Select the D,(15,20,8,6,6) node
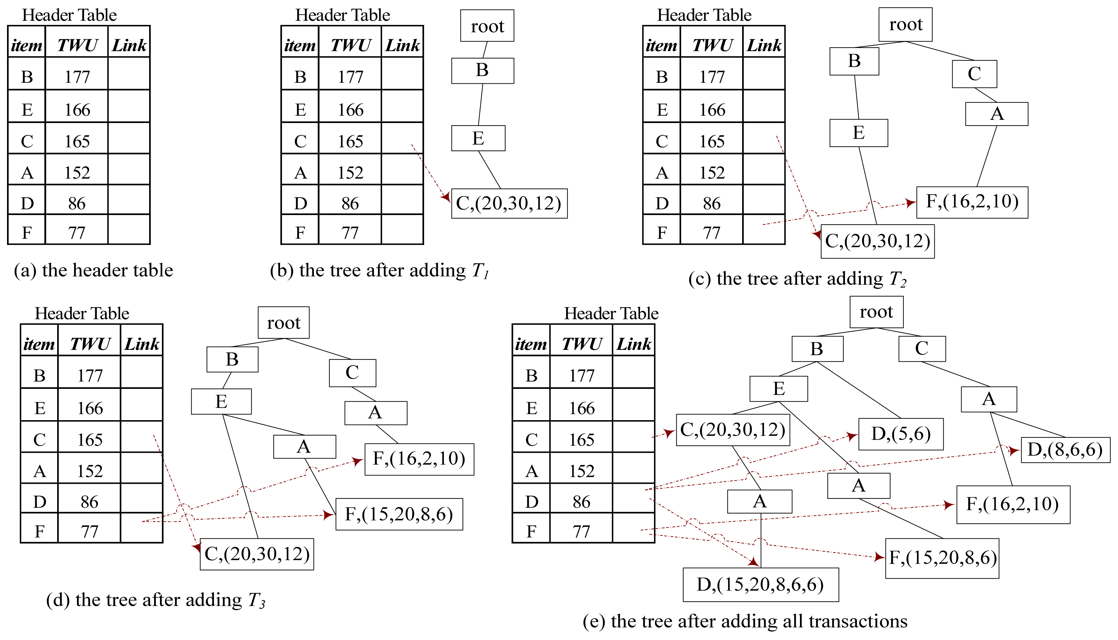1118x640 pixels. [x=760, y=585]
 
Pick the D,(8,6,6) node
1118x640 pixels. [x=1065, y=450]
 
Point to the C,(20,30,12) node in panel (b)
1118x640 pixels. [x=509, y=204]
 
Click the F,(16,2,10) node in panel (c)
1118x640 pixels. [x=972, y=202]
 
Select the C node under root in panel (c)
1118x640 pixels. [x=974, y=74]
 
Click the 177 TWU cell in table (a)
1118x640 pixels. [x=77, y=77]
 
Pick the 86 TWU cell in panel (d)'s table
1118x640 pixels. [x=89, y=502]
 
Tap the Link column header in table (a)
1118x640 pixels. [x=129, y=45]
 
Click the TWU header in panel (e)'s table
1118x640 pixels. [x=581, y=344]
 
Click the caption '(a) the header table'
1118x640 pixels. [x=93, y=270]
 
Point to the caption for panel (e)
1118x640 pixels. [x=745, y=621]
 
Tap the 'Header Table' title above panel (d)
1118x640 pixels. [x=82, y=313]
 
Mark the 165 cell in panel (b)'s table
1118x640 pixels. [x=350, y=142]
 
